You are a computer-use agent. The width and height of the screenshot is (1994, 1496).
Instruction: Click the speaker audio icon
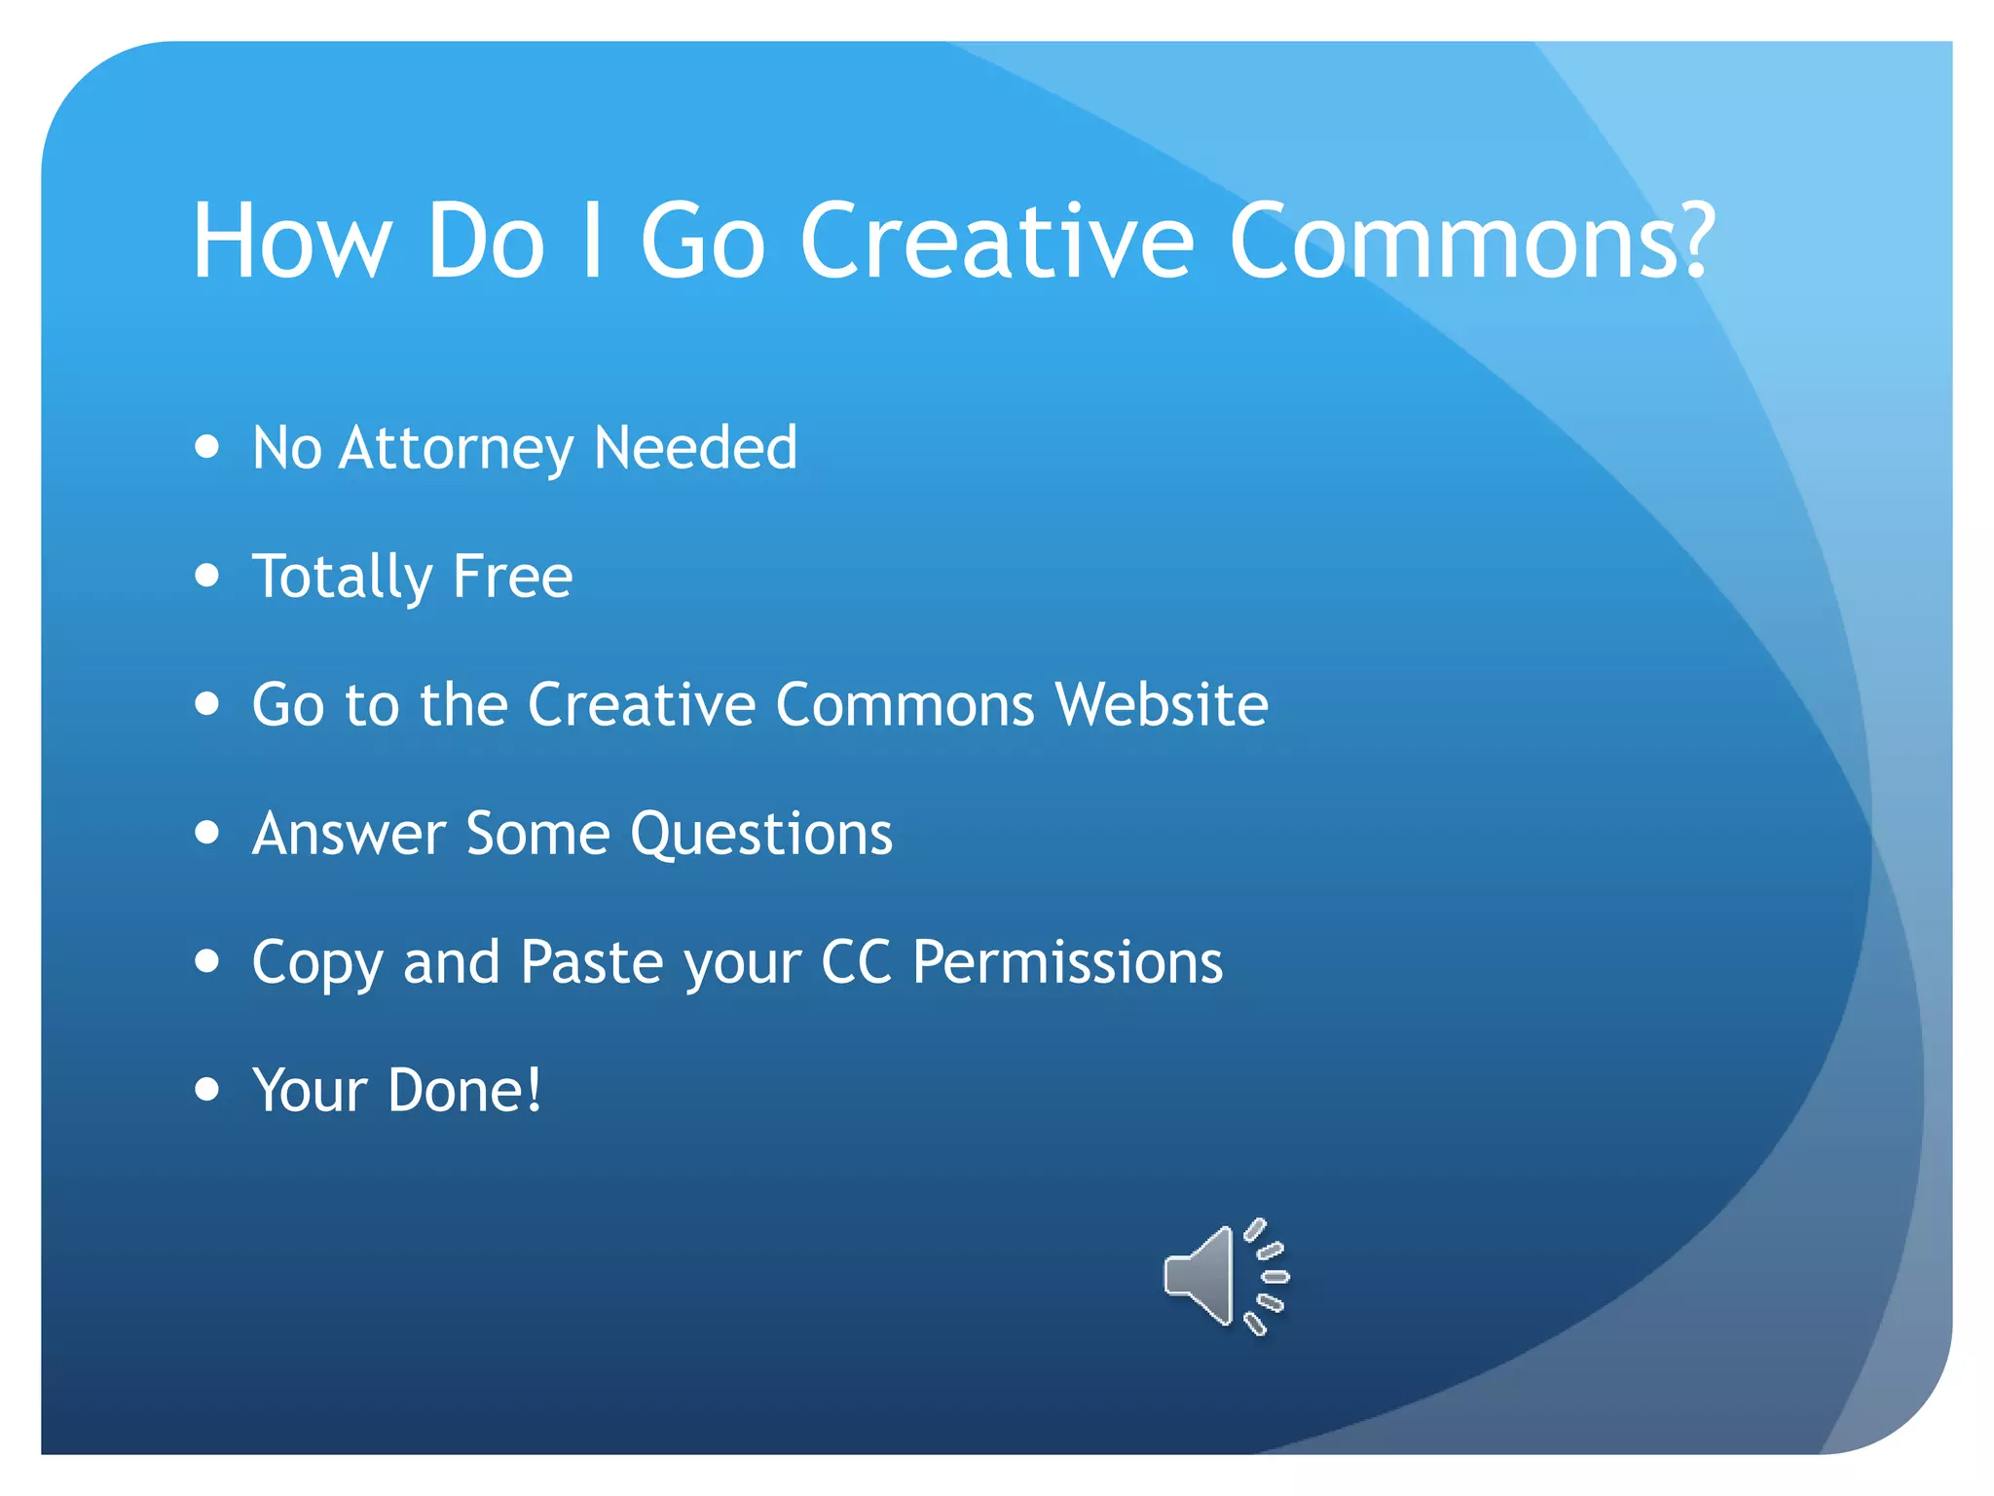point(1225,1276)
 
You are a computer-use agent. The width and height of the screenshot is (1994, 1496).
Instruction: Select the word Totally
point(341,577)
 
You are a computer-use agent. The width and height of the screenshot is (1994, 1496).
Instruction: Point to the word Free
point(512,577)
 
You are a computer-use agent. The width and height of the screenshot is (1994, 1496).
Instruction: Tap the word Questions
point(761,836)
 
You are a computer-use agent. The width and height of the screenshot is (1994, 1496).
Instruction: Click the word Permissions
point(1067,962)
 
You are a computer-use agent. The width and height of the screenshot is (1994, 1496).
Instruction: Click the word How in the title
point(291,242)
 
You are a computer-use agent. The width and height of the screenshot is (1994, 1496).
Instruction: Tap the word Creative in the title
point(996,242)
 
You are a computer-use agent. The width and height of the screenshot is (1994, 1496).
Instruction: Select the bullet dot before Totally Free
point(206,575)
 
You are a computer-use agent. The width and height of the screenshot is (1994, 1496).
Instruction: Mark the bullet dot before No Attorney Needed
point(206,446)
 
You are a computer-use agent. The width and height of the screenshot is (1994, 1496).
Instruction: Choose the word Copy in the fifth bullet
point(317,964)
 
